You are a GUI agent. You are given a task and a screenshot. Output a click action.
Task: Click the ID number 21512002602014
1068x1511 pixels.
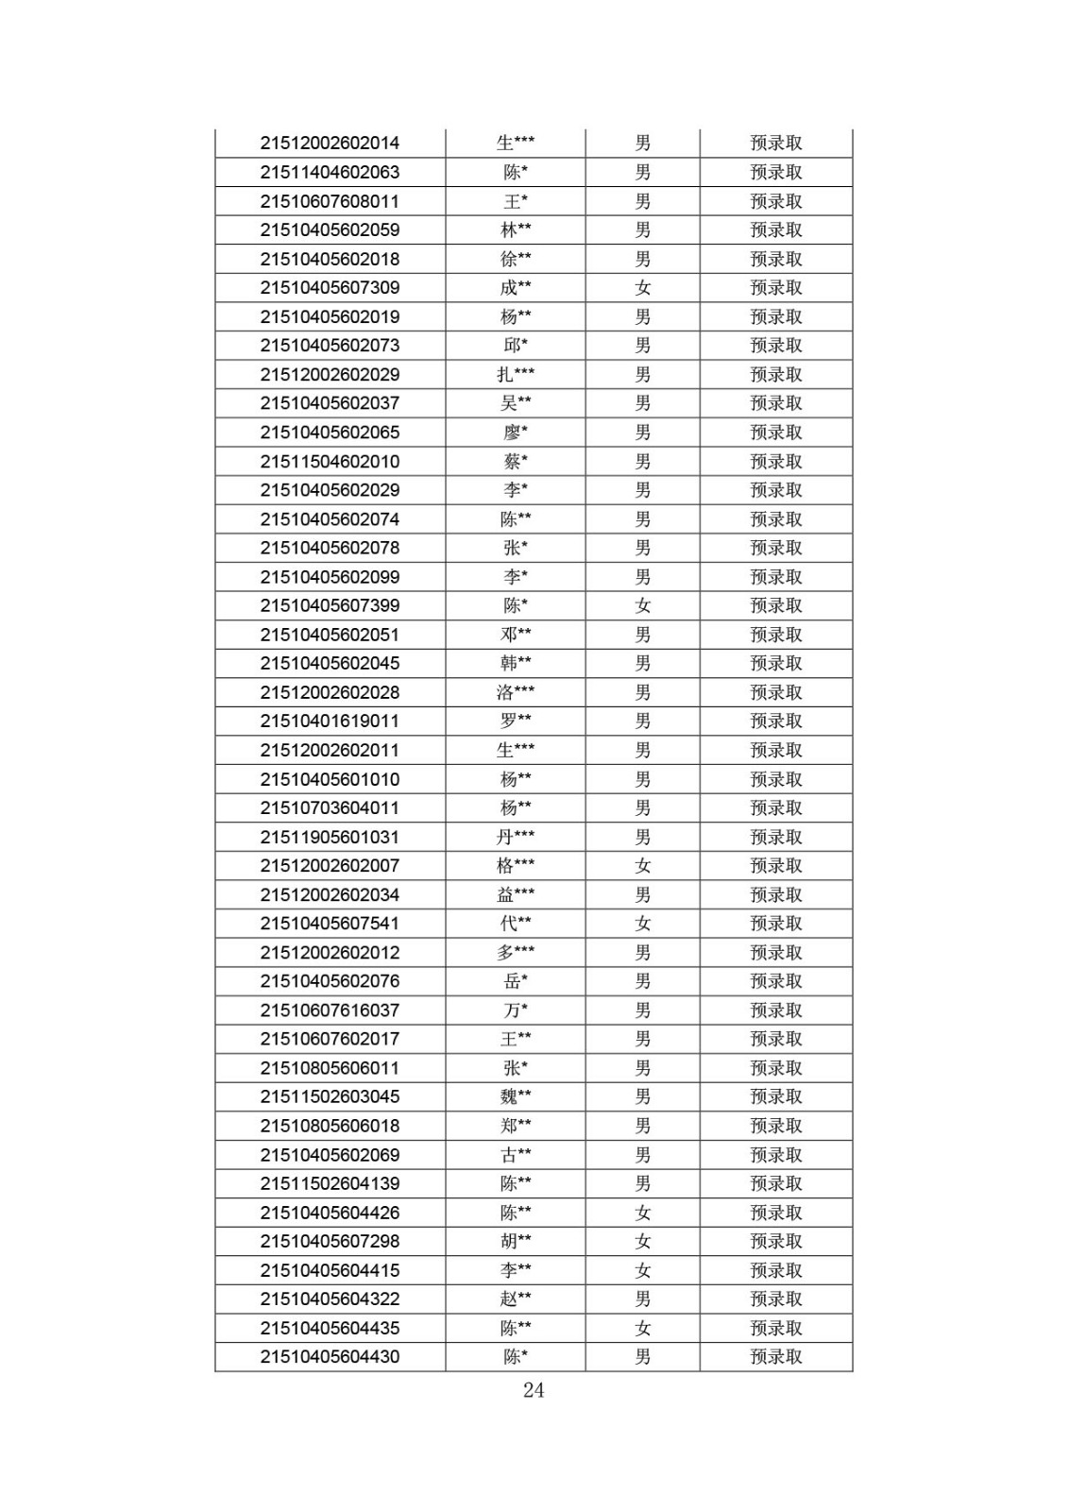coord(330,144)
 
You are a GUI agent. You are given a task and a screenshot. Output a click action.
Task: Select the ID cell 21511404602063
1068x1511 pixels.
coord(330,172)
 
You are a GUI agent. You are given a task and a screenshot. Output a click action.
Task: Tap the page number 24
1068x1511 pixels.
coord(534,1390)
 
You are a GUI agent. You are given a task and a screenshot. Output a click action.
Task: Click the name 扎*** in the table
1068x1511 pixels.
coord(516,375)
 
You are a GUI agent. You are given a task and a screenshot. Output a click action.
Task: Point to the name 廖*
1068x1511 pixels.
coord(516,433)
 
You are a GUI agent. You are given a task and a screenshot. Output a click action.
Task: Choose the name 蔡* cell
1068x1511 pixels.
coord(516,462)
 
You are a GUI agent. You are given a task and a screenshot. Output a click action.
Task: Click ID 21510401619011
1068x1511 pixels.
coord(330,722)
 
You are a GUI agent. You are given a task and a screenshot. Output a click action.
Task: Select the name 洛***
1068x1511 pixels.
coord(516,692)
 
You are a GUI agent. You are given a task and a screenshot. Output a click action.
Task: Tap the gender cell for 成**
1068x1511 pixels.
coord(643,288)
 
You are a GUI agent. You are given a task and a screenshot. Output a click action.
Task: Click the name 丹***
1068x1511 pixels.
coord(516,837)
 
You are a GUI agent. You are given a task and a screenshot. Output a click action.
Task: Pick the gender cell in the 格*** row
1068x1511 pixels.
coord(643,866)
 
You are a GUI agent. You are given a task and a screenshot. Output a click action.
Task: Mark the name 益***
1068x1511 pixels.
coord(516,894)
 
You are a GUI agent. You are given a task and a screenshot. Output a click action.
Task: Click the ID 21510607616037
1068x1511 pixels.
coord(330,1010)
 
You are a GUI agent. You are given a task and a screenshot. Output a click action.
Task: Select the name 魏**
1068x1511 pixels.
coord(516,1096)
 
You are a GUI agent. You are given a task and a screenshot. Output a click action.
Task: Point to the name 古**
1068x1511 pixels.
coord(516,1155)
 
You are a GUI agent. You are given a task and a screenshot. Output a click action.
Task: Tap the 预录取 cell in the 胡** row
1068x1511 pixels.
coord(776,1241)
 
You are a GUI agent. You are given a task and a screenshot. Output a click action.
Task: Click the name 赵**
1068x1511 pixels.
coord(516,1299)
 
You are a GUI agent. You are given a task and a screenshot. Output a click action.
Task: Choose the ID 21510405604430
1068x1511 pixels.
coord(330,1357)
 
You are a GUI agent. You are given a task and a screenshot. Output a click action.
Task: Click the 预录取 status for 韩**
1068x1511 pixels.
coord(776,663)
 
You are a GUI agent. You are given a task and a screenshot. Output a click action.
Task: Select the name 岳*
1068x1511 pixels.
coord(516,981)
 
